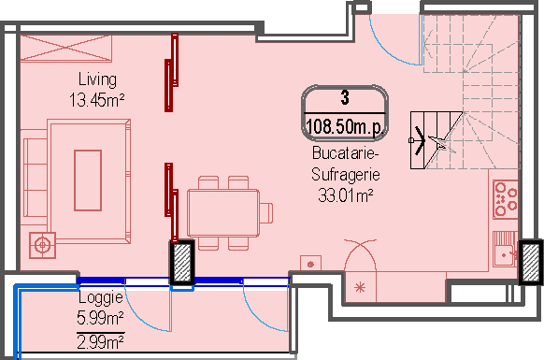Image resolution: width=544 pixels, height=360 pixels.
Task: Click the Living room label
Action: pyautogui.click(x=97, y=79)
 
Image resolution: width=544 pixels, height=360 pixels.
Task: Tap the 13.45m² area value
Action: pyautogui.click(x=97, y=100)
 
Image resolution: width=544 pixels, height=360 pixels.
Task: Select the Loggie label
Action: pyautogui.click(x=101, y=298)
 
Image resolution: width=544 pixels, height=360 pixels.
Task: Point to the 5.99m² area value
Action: pyautogui.click(x=100, y=317)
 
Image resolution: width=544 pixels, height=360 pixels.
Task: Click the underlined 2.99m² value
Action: pyautogui.click(x=100, y=342)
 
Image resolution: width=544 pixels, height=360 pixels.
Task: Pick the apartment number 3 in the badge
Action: pyautogui.click(x=345, y=97)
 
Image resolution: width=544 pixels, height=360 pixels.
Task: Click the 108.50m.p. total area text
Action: pyautogui.click(x=345, y=127)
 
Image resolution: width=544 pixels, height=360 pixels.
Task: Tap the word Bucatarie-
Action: pyautogui.click(x=344, y=152)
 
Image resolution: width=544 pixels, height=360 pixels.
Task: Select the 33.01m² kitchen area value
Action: pyautogui.click(x=346, y=195)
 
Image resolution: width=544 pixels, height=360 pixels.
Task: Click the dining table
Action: pyautogui.click(x=223, y=213)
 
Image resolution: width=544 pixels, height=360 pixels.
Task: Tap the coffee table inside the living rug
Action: pyautogui.click(x=88, y=180)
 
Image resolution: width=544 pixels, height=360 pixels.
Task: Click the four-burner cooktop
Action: pyautogui.click(x=506, y=199)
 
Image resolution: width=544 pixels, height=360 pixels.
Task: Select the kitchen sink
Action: pyautogui.click(x=506, y=249)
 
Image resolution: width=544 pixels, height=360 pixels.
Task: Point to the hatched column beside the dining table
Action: pyautogui.click(x=182, y=263)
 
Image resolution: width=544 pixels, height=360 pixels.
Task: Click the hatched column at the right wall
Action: pyautogui.click(x=531, y=262)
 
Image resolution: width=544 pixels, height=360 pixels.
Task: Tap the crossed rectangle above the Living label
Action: pyautogui.click(x=66, y=48)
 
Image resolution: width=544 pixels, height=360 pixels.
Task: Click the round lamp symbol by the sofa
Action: pyautogui.click(x=42, y=245)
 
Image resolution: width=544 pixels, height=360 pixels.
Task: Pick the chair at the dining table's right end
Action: pyautogui.click(x=266, y=213)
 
